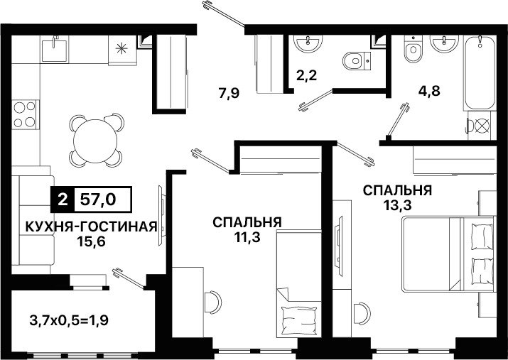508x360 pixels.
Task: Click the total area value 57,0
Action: (98, 200)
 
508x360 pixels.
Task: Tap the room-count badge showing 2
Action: (63, 200)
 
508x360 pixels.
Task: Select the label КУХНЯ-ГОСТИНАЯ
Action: (91, 227)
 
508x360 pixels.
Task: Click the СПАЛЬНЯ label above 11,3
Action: (247, 222)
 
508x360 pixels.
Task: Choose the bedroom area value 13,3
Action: (398, 205)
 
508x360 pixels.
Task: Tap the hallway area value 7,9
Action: (229, 94)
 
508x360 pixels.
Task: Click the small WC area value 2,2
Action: (306, 75)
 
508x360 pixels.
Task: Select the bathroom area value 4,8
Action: (429, 91)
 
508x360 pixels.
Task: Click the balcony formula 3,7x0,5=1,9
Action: (69, 320)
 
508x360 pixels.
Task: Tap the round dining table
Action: (95, 141)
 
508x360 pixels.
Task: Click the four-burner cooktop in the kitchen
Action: (26, 114)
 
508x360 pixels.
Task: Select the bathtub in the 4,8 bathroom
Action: (480, 73)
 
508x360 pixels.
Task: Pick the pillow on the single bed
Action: (299, 321)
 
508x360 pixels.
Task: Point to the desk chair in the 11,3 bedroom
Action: (212, 302)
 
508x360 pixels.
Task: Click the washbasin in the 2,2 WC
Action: (308, 43)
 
